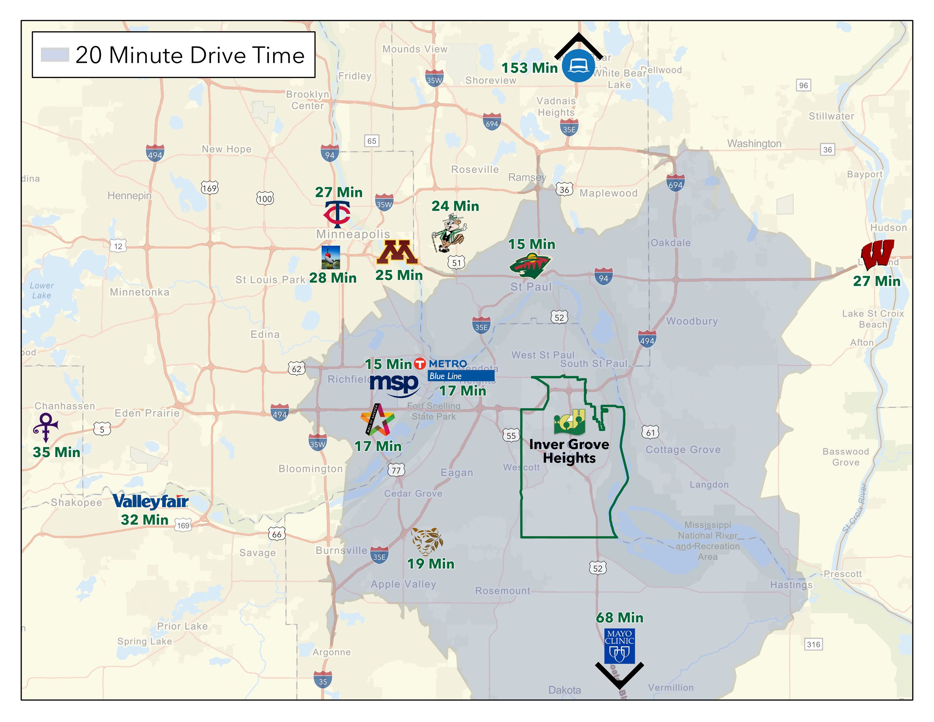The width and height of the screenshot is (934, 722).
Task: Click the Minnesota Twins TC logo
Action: pos(337,214)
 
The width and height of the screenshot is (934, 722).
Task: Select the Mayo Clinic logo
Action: pos(619,646)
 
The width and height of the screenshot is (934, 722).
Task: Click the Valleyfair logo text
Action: pos(151,501)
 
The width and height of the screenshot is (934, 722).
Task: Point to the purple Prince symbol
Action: pos(45,427)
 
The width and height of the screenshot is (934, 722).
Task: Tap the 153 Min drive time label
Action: pos(530,68)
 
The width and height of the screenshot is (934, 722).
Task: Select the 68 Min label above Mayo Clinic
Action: pos(619,618)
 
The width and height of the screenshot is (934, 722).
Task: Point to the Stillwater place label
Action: pos(831,116)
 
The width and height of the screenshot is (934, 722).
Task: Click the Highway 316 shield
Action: pos(813,644)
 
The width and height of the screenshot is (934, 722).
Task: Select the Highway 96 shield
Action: pos(804,85)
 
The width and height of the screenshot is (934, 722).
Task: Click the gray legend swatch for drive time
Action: pos(55,55)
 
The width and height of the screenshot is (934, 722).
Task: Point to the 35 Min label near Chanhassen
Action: pos(56,452)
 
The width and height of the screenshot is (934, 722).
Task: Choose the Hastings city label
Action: pos(791,585)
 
